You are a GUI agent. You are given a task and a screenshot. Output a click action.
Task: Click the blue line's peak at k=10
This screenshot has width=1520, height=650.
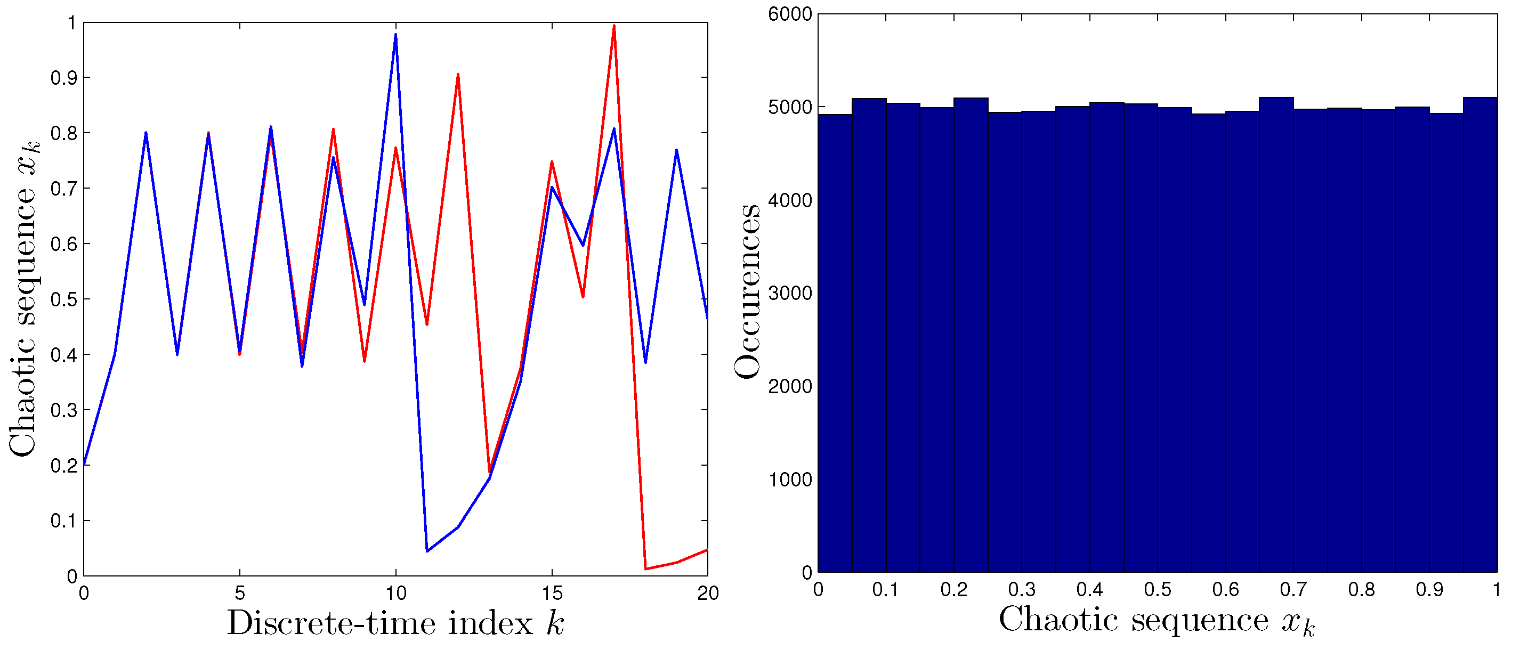(x=395, y=35)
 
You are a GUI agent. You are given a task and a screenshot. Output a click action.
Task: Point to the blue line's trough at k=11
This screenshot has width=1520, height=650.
(x=426, y=550)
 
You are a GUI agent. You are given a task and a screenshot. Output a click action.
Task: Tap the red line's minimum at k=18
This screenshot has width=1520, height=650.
(x=645, y=568)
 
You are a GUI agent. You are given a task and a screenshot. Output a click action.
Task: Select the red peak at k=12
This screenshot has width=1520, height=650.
(x=458, y=76)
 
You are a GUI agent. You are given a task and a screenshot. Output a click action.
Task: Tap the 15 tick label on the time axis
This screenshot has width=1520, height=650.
(x=552, y=593)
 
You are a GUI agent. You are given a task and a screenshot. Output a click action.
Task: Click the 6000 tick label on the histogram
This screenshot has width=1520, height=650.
(x=789, y=14)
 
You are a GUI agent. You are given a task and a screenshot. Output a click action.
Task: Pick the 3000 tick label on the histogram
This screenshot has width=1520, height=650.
(x=789, y=293)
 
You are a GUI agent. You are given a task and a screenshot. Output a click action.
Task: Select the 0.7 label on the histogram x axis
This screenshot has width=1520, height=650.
(x=1293, y=589)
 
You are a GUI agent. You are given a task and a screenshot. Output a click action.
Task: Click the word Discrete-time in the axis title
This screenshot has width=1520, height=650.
(x=331, y=623)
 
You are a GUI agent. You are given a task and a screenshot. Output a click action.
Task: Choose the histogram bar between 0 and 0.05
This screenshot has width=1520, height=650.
(x=835, y=342)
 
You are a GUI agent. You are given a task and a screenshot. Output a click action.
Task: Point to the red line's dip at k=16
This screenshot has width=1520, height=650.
(x=583, y=296)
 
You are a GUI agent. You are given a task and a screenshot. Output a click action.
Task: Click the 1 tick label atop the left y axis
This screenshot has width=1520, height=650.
(x=71, y=23)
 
